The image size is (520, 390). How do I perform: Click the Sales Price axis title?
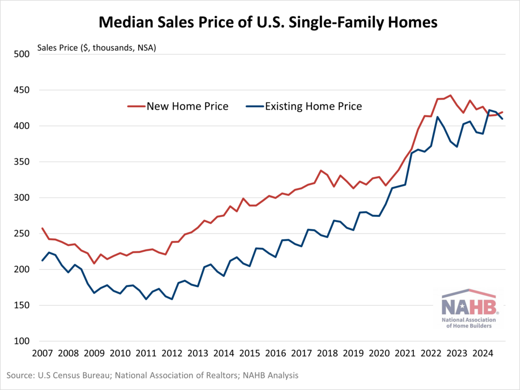pos(96,49)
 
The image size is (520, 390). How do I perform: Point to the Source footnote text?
pos(152,376)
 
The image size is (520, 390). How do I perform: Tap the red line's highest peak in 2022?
pos(450,95)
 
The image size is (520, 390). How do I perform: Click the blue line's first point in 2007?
pos(43,261)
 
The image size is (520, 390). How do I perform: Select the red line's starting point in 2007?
pos(43,228)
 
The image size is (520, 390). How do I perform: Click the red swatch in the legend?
pos(136,107)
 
